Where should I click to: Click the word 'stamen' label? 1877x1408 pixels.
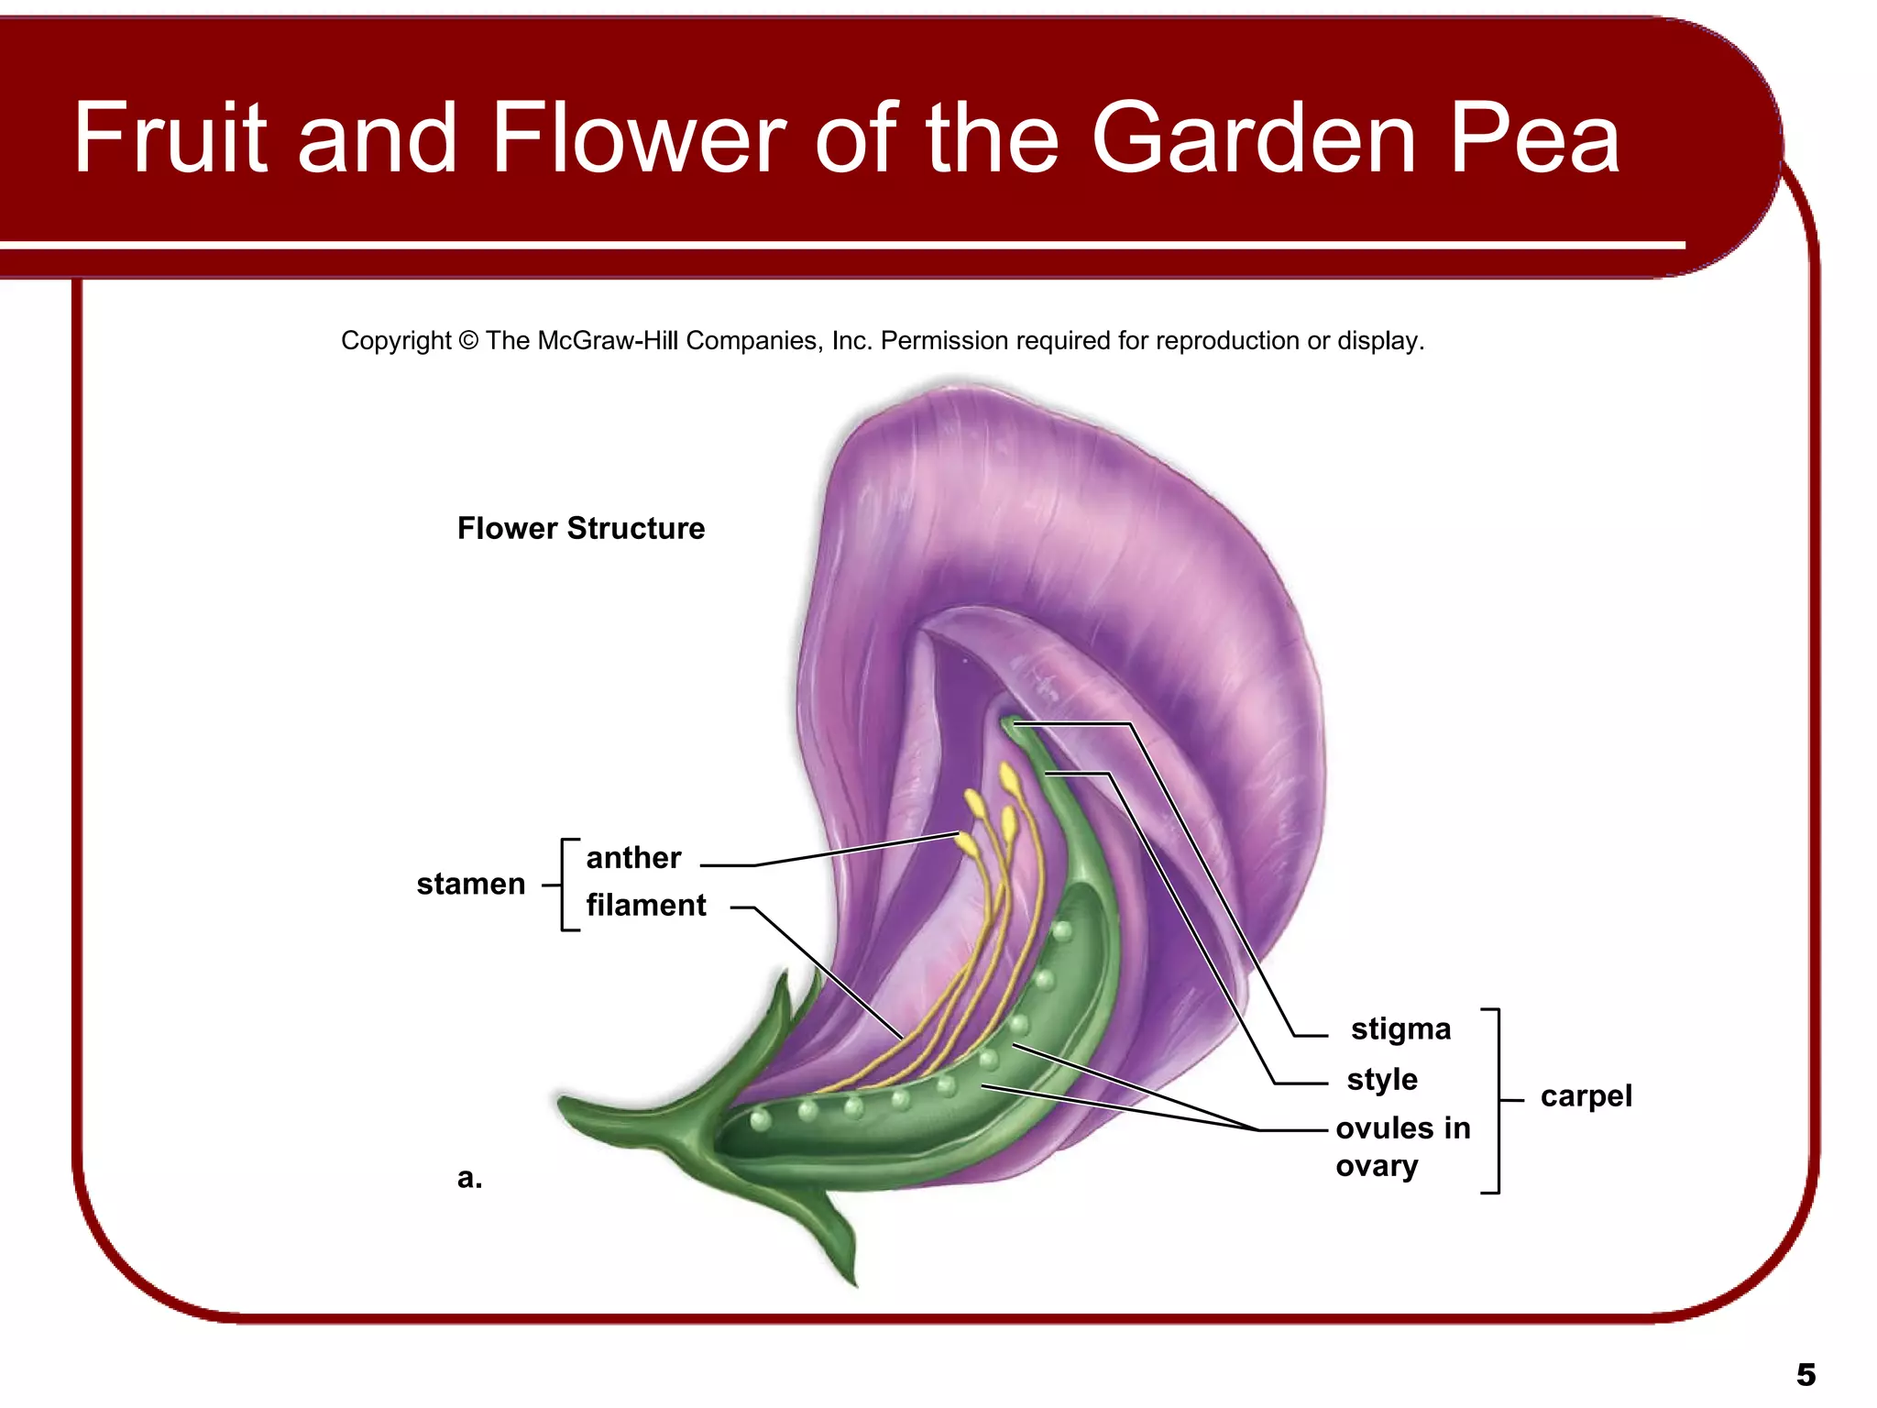coord(470,885)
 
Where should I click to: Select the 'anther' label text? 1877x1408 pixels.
coord(633,858)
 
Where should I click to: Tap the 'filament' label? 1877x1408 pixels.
coord(646,906)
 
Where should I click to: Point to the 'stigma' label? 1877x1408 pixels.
coord(1400,1028)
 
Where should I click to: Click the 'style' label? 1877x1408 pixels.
coord(1382,1079)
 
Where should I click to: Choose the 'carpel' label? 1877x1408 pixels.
coord(1586,1095)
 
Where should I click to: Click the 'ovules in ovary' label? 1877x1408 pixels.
coord(1402,1146)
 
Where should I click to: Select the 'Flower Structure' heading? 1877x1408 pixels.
coord(581,528)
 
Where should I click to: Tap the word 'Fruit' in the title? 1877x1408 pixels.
coord(170,139)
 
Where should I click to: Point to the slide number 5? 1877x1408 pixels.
coord(1806,1375)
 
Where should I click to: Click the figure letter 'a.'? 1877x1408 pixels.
coord(469,1177)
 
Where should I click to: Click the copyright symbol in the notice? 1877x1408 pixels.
coord(468,341)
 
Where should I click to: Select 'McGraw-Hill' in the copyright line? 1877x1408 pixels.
coord(609,341)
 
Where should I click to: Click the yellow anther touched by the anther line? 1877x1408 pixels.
coord(966,843)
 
